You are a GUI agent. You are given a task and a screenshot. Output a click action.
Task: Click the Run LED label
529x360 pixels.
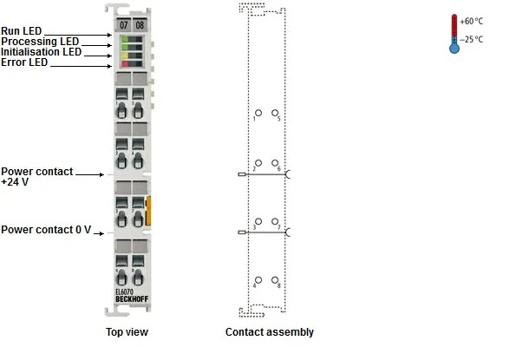pos(22,31)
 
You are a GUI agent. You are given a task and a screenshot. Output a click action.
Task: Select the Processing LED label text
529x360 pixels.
pos(40,42)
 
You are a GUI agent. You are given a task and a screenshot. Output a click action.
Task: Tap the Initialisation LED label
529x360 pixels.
pos(41,52)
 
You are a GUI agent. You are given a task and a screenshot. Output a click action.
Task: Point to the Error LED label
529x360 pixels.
pos(24,62)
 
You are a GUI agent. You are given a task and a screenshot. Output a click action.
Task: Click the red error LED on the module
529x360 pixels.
pos(125,64)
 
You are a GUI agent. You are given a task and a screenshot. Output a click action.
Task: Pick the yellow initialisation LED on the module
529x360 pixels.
pos(125,56)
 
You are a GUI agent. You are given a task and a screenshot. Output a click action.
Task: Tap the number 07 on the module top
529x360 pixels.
pos(124,25)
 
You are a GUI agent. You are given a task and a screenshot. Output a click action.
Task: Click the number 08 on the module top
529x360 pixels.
pos(140,25)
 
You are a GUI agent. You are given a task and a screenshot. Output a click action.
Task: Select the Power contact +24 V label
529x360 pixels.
pos(36,176)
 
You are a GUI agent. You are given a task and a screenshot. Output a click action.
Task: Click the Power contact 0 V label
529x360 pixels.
pos(46,230)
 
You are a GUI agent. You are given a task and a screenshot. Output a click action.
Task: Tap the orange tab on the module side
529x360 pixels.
pos(148,211)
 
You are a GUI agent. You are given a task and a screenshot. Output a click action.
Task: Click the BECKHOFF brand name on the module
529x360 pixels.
pos(132,299)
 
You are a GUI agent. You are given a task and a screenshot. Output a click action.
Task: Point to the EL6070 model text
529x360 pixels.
pos(124,291)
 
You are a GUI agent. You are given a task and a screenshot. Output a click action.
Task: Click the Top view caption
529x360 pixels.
pos(127,332)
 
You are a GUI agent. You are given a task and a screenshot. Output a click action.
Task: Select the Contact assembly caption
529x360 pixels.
pos(270,332)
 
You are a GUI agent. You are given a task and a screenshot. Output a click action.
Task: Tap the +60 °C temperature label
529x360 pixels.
pos(471,22)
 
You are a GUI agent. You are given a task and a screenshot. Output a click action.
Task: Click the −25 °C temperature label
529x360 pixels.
pos(471,40)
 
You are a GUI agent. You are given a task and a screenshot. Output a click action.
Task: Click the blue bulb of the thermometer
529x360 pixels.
pos(454,49)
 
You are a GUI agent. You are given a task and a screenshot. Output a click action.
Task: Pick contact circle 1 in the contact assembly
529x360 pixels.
pos(258,113)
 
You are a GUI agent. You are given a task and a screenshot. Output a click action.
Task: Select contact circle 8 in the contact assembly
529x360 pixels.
pos(275,280)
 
